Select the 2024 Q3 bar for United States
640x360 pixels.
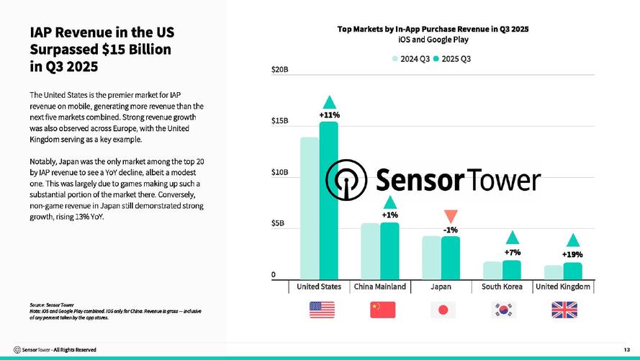coord(310,208)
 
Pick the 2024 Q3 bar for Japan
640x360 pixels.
coord(431,257)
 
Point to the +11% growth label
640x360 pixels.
coord(329,114)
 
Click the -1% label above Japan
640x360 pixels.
coord(451,230)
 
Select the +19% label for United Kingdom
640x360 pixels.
coord(572,254)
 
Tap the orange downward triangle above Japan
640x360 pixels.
coord(451,216)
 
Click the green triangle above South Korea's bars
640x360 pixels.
coord(512,238)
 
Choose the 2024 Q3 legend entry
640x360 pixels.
coord(410,58)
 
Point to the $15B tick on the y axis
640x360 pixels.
coord(280,121)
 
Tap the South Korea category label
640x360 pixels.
coord(502,287)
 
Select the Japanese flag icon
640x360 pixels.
coord(443,310)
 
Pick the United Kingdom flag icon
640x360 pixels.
coord(563,310)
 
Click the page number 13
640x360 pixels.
coord(626,349)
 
